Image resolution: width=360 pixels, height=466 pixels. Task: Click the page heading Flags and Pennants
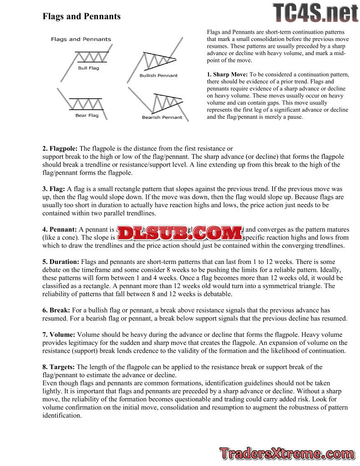[x=81, y=16]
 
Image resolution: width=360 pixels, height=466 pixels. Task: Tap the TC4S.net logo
[x=315, y=12]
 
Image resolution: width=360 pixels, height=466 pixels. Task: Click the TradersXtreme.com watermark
[x=287, y=453]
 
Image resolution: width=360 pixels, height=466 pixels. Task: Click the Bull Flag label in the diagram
[x=88, y=68]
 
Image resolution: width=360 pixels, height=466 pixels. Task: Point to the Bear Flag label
[x=87, y=116]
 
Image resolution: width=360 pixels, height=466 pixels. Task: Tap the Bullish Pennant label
[x=158, y=76]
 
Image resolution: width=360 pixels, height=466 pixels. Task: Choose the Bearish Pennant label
[x=162, y=117]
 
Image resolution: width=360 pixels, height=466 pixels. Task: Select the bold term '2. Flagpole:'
[x=60, y=149]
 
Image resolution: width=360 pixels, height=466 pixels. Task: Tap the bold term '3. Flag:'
[x=54, y=189]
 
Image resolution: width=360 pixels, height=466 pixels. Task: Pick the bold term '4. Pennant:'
[x=60, y=230]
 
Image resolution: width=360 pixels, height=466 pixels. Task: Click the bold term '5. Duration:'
[x=61, y=262]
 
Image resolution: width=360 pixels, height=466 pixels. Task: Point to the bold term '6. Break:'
[x=56, y=310]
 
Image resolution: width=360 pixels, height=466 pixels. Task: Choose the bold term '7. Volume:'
[x=59, y=334]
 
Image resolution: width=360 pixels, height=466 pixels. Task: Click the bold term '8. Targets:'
[x=59, y=367]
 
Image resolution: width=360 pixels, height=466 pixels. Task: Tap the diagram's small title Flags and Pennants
[x=81, y=40]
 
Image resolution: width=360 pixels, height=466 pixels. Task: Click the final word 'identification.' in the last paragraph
[x=62, y=415]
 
